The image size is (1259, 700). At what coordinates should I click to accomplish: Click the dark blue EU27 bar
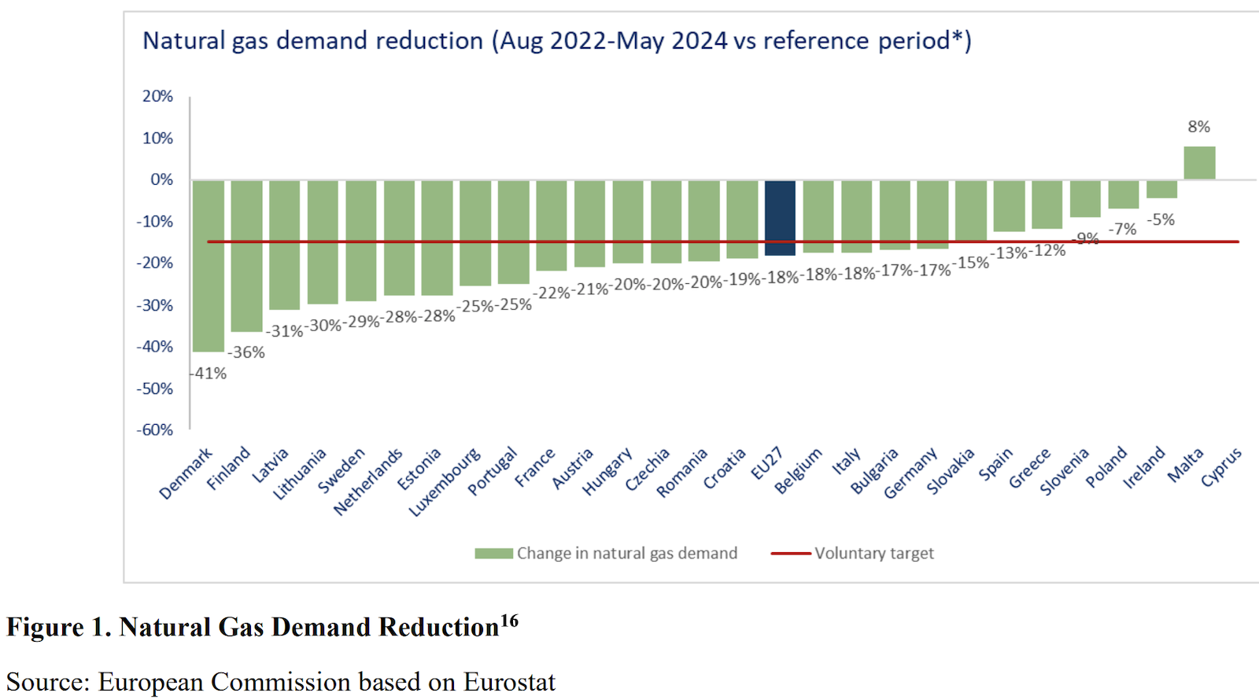click(x=780, y=218)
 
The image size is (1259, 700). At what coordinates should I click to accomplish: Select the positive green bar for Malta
click(x=1199, y=163)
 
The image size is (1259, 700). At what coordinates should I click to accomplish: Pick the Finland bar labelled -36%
click(x=246, y=256)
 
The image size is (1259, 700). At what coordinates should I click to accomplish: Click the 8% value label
click(x=1198, y=127)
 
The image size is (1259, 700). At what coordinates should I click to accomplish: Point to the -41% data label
click(x=209, y=374)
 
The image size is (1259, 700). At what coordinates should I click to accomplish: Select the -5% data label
click(x=1161, y=219)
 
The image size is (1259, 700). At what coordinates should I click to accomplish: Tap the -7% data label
click(x=1123, y=229)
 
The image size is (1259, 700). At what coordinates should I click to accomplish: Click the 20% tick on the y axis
click(x=157, y=96)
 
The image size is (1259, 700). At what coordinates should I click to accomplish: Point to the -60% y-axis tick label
click(x=154, y=430)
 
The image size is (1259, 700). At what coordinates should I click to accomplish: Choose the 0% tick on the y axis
click(x=161, y=179)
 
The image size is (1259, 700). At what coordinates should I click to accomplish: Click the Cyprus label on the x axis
click(x=1221, y=466)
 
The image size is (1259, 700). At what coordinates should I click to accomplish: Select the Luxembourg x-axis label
click(x=445, y=482)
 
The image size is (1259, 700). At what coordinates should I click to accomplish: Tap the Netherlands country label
click(x=368, y=481)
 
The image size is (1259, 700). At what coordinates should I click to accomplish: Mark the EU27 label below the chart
click(x=766, y=463)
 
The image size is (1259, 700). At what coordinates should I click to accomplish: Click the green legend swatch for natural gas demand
click(x=493, y=554)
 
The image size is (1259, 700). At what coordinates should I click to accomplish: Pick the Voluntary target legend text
click(x=873, y=554)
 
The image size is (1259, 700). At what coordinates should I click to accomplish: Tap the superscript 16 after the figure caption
click(x=509, y=621)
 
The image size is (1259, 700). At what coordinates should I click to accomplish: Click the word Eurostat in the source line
click(x=509, y=682)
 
